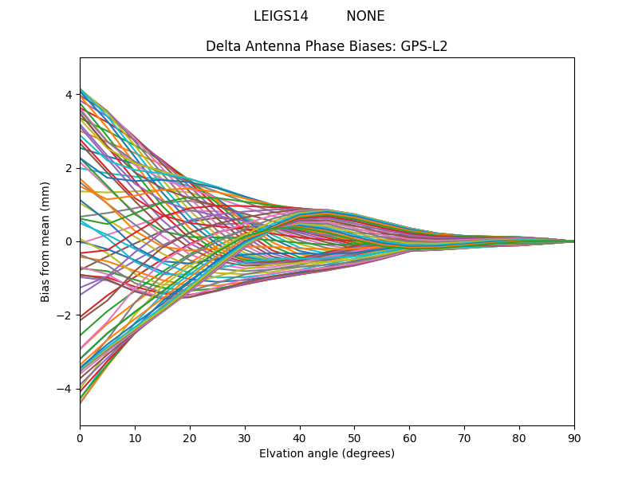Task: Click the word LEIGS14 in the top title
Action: click(281, 16)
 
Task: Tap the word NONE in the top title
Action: click(365, 16)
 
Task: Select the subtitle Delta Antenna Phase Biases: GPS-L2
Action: click(327, 46)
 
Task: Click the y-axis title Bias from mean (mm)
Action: click(46, 241)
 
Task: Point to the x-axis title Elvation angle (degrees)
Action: click(327, 453)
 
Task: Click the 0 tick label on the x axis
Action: click(80, 437)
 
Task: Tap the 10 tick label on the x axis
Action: click(135, 437)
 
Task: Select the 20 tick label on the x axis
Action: click(190, 437)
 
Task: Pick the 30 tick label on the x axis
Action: click(245, 437)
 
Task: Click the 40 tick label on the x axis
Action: click(300, 437)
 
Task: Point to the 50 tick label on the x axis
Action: click(354, 437)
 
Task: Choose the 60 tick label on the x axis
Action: click(409, 437)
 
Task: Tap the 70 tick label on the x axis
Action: click(464, 437)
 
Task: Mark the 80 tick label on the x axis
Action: click(519, 437)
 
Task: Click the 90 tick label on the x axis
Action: click(574, 437)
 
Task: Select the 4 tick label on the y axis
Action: click(69, 95)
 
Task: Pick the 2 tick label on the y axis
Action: click(69, 168)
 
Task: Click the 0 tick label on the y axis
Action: click(69, 241)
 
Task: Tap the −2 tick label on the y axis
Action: click(65, 315)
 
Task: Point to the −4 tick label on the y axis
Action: click(65, 389)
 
